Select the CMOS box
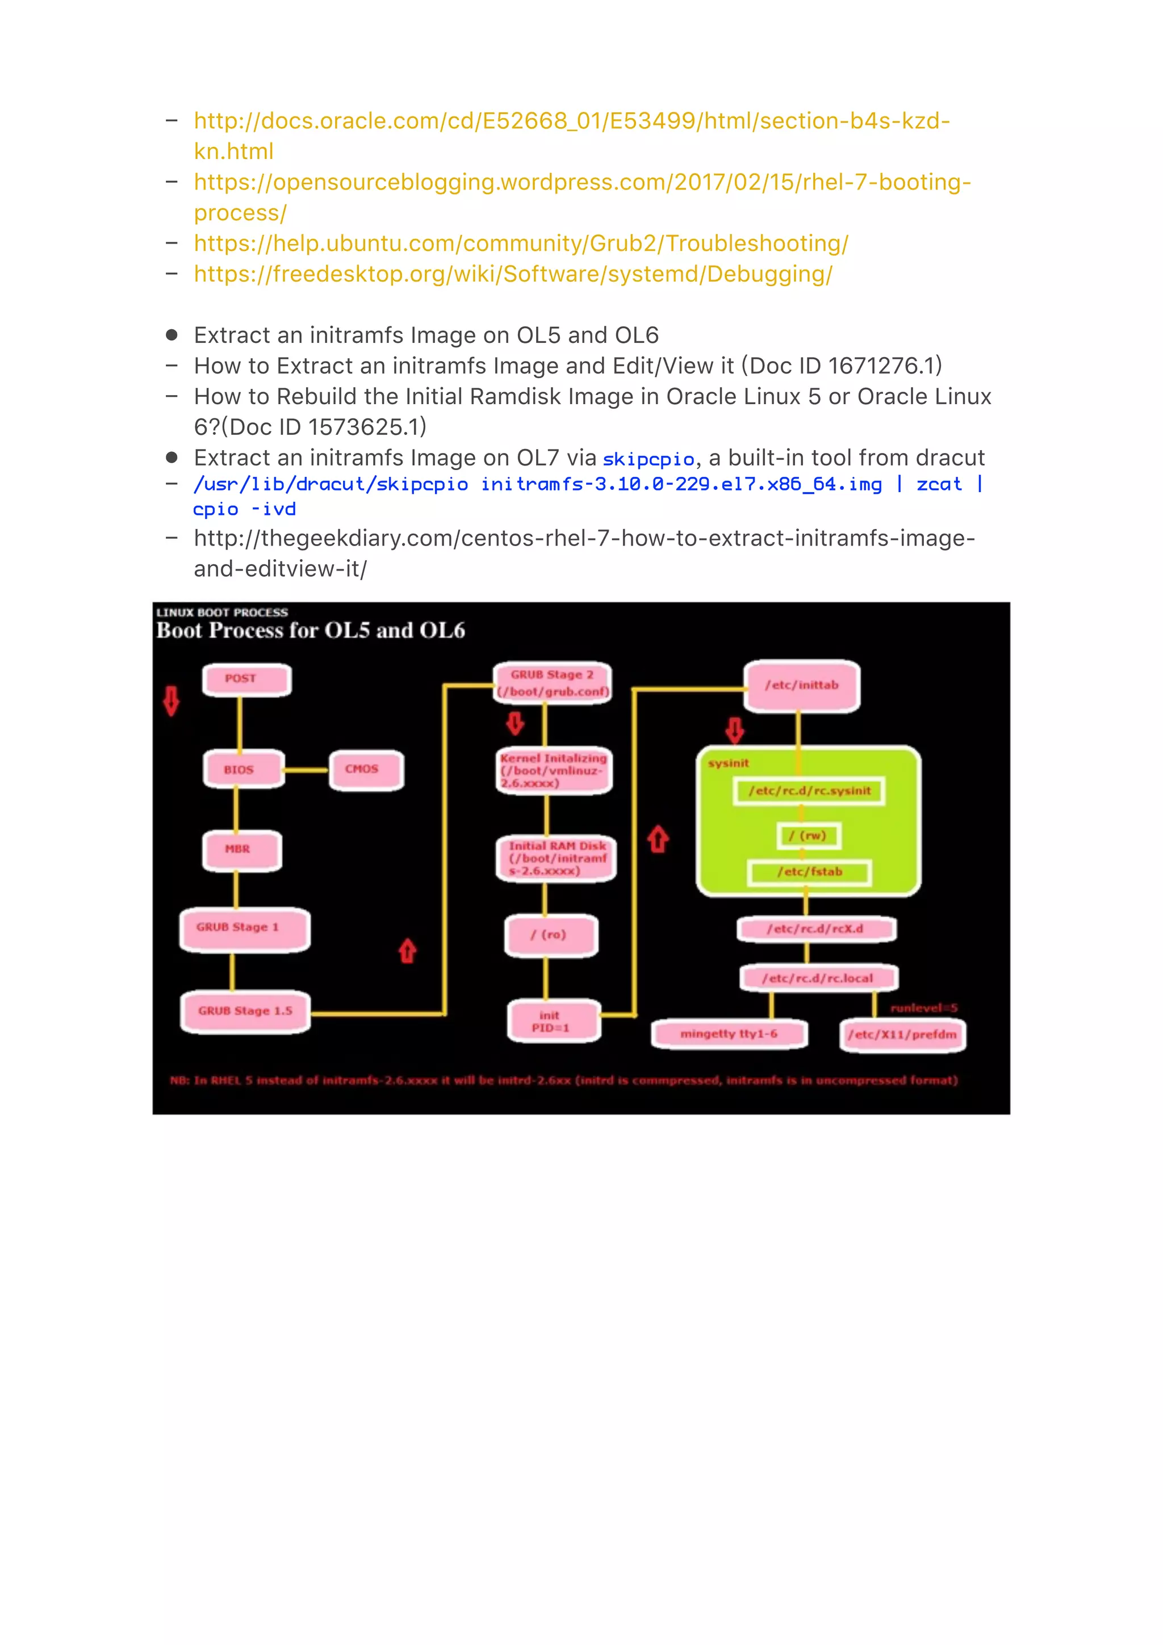coord(366,770)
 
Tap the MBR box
coord(241,850)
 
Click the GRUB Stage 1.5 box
coord(245,1011)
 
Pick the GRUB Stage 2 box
coord(553,683)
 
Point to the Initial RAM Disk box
coord(556,858)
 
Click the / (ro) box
coord(550,935)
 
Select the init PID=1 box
coord(553,1021)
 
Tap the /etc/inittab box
coord(801,686)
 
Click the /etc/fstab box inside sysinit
coord(809,872)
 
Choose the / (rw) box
coord(808,836)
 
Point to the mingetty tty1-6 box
coord(729,1034)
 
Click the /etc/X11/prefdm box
coord(902,1035)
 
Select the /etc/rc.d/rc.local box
coord(818,978)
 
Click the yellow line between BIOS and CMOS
coord(307,770)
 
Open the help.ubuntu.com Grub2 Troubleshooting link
coord(521,244)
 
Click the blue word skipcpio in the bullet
coord(649,459)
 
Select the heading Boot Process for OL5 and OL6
coord(310,631)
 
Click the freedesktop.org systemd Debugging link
coord(513,274)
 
